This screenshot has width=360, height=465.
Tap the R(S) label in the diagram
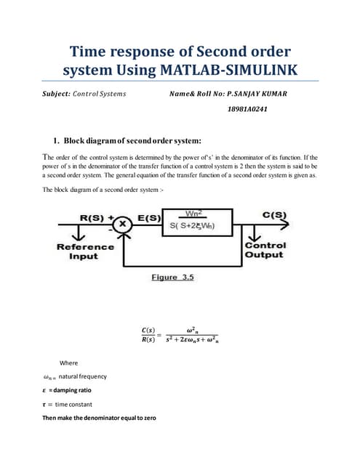point(94,217)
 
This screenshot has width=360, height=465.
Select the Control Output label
point(264,251)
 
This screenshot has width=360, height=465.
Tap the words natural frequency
point(82,376)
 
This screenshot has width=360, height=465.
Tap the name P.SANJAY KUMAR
point(263,94)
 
